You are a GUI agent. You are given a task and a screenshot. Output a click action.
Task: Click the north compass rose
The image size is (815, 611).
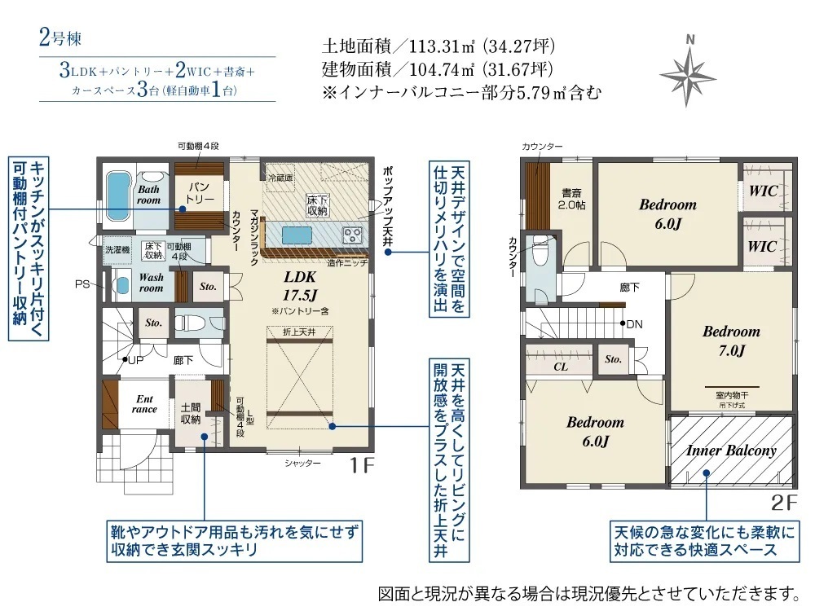coord(689,76)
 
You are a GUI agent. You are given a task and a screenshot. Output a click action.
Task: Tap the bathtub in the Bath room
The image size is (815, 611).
coord(119,196)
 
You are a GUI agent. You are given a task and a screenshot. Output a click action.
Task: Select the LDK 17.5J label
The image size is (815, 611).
coord(300,286)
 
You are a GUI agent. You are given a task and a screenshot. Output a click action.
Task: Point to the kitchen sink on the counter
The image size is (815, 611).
coord(297,235)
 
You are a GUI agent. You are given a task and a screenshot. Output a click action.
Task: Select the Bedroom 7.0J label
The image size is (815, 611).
coord(731,341)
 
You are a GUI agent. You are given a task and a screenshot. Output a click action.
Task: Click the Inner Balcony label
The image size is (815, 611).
coord(731,450)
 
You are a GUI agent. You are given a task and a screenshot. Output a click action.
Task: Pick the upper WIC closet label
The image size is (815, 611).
coord(763,191)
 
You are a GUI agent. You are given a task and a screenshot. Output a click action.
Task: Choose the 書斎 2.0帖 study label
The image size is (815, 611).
coord(572,199)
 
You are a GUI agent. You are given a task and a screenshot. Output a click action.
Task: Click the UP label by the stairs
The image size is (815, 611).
coord(135,359)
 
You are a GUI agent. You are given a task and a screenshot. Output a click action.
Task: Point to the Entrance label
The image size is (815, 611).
coord(144,404)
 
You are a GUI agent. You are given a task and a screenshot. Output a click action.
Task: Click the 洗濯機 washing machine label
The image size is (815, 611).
coord(117,249)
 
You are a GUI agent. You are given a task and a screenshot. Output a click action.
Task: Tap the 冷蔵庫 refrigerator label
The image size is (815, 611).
coord(280,178)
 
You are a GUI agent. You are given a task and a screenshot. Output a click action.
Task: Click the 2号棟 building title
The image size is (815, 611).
coord(60,38)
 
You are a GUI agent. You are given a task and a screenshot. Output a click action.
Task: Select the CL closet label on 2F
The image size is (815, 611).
coord(561,367)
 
